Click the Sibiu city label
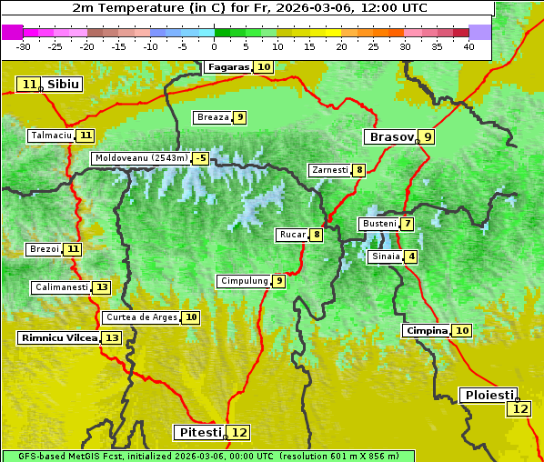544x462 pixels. [x=63, y=85]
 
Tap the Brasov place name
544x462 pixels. [x=389, y=137]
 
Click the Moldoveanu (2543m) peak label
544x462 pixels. [x=140, y=158]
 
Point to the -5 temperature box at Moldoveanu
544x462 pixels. [x=200, y=158]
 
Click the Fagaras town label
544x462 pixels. [x=228, y=67]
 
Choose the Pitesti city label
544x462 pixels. [x=198, y=432]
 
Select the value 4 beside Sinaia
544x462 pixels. [x=411, y=256]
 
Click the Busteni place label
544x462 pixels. [x=378, y=224]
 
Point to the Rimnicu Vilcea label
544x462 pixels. [x=56, y=337]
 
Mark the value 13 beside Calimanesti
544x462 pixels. [x=101, y=287]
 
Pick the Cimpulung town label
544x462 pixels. [x=244, y=281]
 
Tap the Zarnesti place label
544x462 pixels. [x=328, y=170]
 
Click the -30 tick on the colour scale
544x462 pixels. [x=24, y=46]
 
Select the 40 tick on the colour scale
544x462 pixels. [x=468, y=46]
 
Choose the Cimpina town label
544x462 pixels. [x=427, y=331]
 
